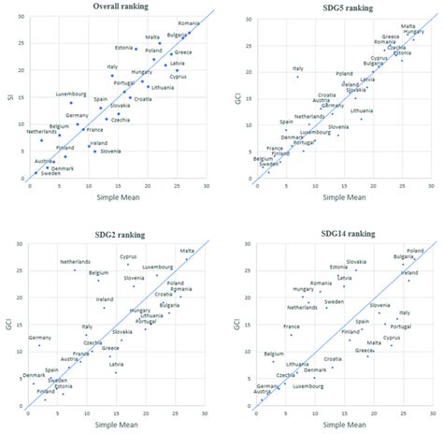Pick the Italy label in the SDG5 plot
tap(298, 68)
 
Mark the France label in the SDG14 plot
tap(292, 326)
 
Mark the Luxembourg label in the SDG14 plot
tap(307, 385)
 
